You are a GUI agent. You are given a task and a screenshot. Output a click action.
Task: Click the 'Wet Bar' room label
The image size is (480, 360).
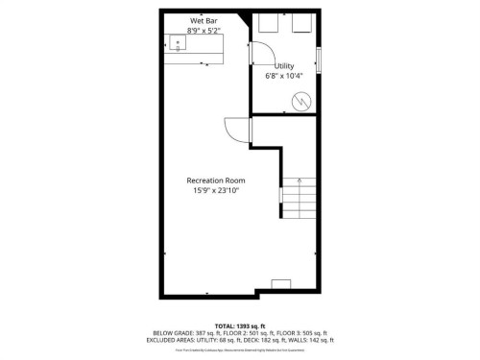(203, 20)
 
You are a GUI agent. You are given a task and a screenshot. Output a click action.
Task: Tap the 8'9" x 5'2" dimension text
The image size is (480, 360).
(203, 30)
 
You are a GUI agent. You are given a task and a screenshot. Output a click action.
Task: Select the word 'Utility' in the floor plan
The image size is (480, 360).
(284, 66)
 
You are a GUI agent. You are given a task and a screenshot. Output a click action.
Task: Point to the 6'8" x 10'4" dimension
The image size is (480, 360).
(284, 76)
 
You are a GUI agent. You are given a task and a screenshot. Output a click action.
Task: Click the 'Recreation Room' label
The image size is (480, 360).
(215, 180)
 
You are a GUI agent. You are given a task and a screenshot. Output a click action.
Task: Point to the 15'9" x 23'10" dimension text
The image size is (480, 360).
(215, 190)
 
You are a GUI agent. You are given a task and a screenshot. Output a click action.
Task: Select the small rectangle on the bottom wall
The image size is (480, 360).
(282, 283)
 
